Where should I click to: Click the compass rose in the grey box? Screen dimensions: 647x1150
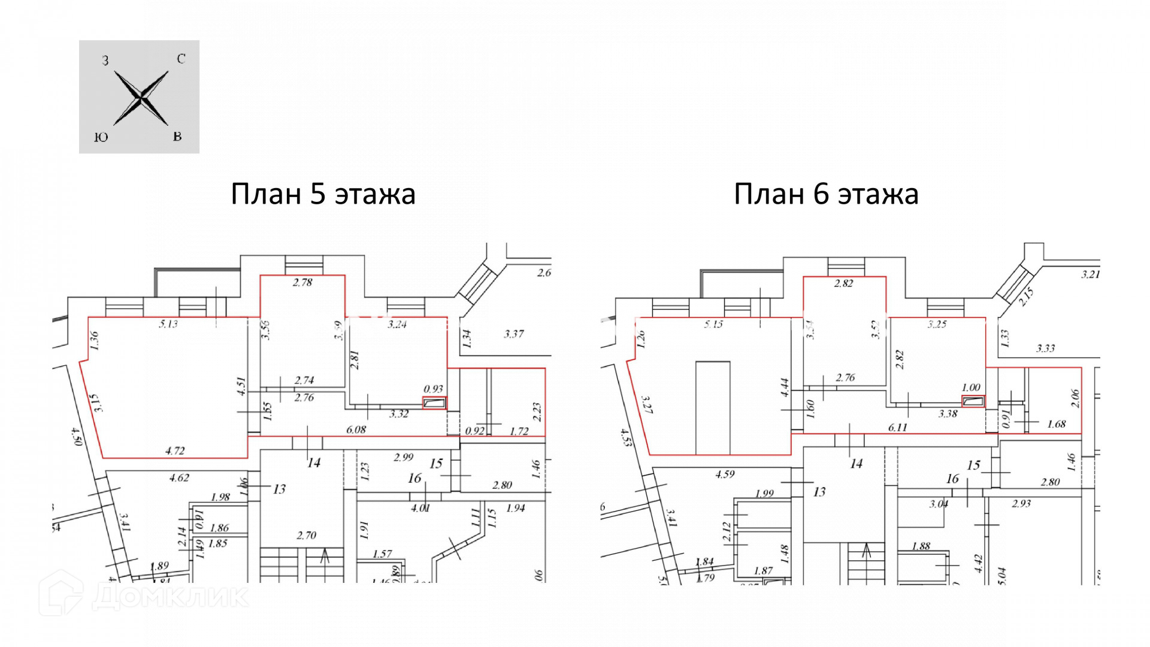[x=141, y=98]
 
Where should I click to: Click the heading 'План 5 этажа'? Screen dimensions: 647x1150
[x=323, y=194]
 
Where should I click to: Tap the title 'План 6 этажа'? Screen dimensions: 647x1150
[x=826, y=194]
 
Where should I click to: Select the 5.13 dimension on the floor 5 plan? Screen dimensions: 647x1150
[x=168, y=324]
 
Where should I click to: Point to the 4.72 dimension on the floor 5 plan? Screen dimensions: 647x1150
[x=175, y=451]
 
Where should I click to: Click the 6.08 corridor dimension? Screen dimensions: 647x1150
[x=356, y=430]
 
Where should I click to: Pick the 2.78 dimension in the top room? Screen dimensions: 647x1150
[x=302, y=282]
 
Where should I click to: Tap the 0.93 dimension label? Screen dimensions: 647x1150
[x=433, y=389]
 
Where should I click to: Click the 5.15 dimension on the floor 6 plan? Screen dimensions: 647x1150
[x=713, y=324]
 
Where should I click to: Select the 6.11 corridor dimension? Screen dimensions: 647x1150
[x=897, y=427]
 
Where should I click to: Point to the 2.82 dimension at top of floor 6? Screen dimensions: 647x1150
[x=843, y=283]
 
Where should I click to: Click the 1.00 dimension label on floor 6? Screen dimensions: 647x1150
[x=971, y=388]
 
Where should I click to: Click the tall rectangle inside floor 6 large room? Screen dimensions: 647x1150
[x=713, y=407]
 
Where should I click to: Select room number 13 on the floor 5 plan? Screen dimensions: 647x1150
[x=279, y=489]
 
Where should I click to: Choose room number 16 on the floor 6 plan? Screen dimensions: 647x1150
[x=952, y=479]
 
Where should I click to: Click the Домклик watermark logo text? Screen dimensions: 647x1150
[x=171, y=595]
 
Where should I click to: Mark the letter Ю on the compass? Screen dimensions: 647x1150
[x=101, y=138]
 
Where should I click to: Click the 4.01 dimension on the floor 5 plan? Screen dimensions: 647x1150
[x=420, y=508]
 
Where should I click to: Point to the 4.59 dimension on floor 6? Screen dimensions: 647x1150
[x=725, y=474]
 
